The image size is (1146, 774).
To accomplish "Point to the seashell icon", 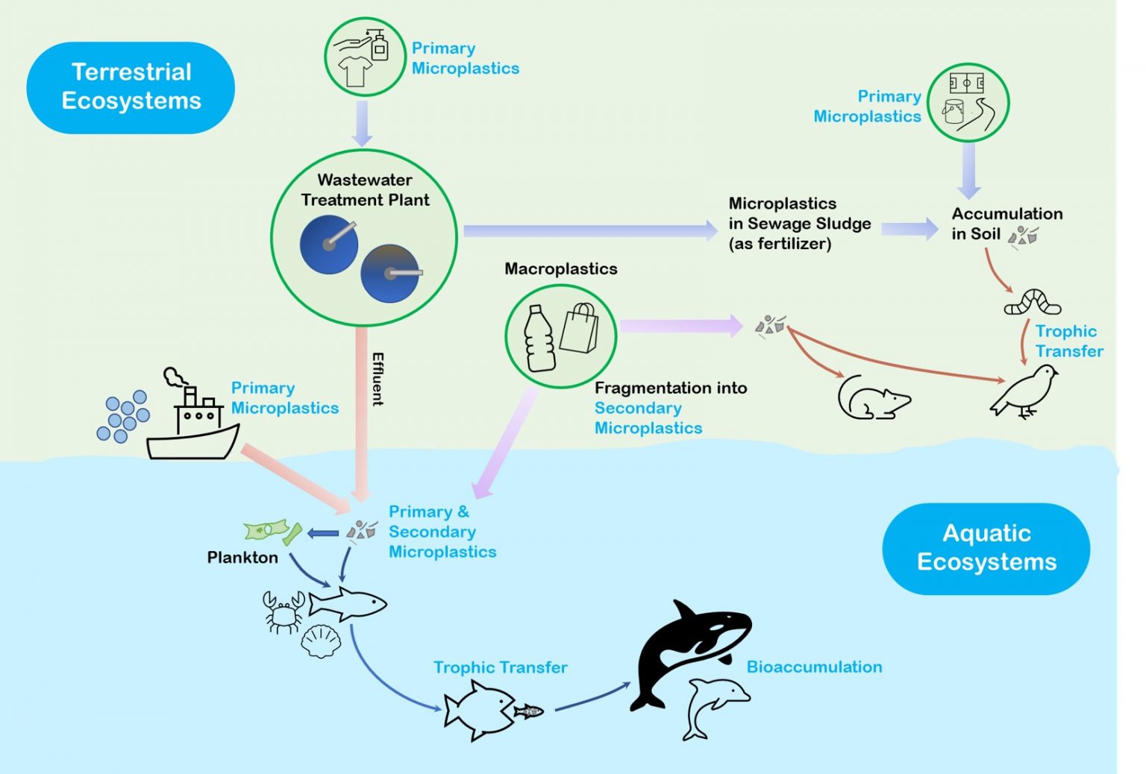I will pyautogui.click(x=321, y=641).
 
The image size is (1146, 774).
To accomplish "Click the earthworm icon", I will pyautogui.click(x=1033, y=303).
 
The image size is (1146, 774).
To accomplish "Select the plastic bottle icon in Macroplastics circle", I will pyautogui.click(x=539, y=339).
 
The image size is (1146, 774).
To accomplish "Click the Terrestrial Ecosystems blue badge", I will pyautogui.click(x=131, y=87).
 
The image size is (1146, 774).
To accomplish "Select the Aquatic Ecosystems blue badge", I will pyautogui.click(x=986, y=548).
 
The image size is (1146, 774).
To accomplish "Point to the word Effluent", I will pyautogui.click(x=378, y=379).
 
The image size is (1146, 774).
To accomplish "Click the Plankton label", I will pyautogui.click(x=242, y=558).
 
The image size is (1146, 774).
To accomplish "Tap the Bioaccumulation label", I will pyautogui.click(x=814, y=667).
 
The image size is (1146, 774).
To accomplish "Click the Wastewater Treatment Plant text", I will pyautogui.click(x=365, y=190).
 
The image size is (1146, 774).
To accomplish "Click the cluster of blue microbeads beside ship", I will pyautogui.click(x=123, y=416).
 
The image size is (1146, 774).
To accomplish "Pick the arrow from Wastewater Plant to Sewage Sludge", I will pyautogui.click(x=589, y=230).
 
